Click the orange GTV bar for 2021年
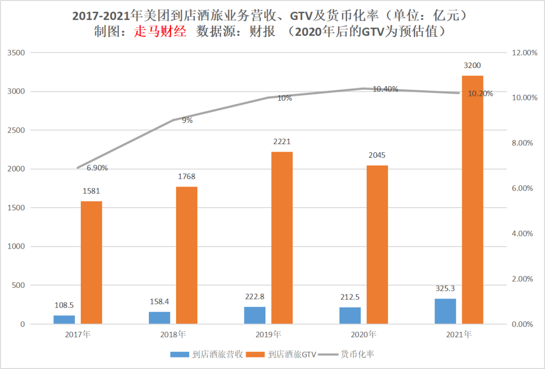(472, 199)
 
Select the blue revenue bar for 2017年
(64, 319)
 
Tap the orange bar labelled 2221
(282, 237)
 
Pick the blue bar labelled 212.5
(350, 315)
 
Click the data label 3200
(472, 66)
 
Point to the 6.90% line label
(97, 168)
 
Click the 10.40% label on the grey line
(386, 89)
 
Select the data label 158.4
(159, 301)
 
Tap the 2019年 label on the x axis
(268, 334)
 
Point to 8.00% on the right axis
(522, 143)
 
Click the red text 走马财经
(160, 31)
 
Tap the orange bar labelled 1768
(186, 255)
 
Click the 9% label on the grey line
(187, 120)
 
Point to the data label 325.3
(445, 289)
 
